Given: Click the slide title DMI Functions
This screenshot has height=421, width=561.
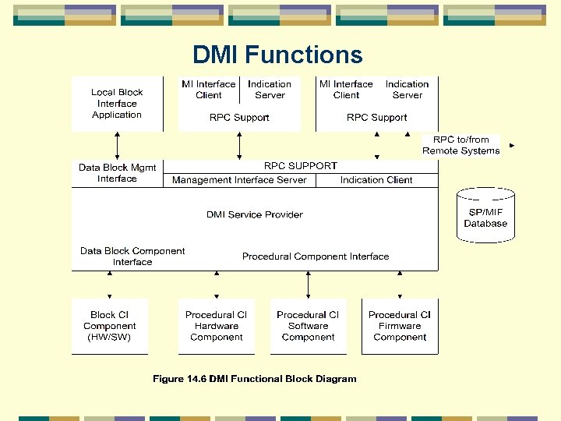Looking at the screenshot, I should point(277,55).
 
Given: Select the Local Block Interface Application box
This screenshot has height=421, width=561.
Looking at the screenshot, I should point(117,104).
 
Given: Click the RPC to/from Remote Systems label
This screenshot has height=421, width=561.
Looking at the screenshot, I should point(460,146).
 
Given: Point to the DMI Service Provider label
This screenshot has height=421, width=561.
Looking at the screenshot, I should point(254,214).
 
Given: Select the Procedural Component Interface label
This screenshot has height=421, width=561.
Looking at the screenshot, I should point(315,256).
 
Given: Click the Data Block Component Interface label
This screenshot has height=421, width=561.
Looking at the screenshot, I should point(132,256).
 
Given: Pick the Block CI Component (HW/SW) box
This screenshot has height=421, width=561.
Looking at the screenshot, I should point(109,327).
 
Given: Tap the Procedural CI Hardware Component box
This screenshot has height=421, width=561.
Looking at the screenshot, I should point(216,327).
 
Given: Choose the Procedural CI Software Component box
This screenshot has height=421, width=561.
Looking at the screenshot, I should point(308,327).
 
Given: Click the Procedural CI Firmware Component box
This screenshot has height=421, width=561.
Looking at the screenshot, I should point(400,327).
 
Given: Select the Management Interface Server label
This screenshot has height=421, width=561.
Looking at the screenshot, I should point(239,180).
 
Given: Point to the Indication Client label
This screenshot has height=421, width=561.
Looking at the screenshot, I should point(376,180).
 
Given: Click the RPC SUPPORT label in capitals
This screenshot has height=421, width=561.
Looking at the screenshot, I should point(301,166).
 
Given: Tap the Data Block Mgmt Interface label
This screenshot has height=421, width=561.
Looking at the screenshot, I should point(117,173).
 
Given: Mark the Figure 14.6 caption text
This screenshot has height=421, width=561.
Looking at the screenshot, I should point(254,379).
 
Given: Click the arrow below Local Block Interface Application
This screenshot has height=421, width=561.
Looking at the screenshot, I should point(118,146).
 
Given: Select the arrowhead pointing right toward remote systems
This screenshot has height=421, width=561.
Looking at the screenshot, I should point(511,145).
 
